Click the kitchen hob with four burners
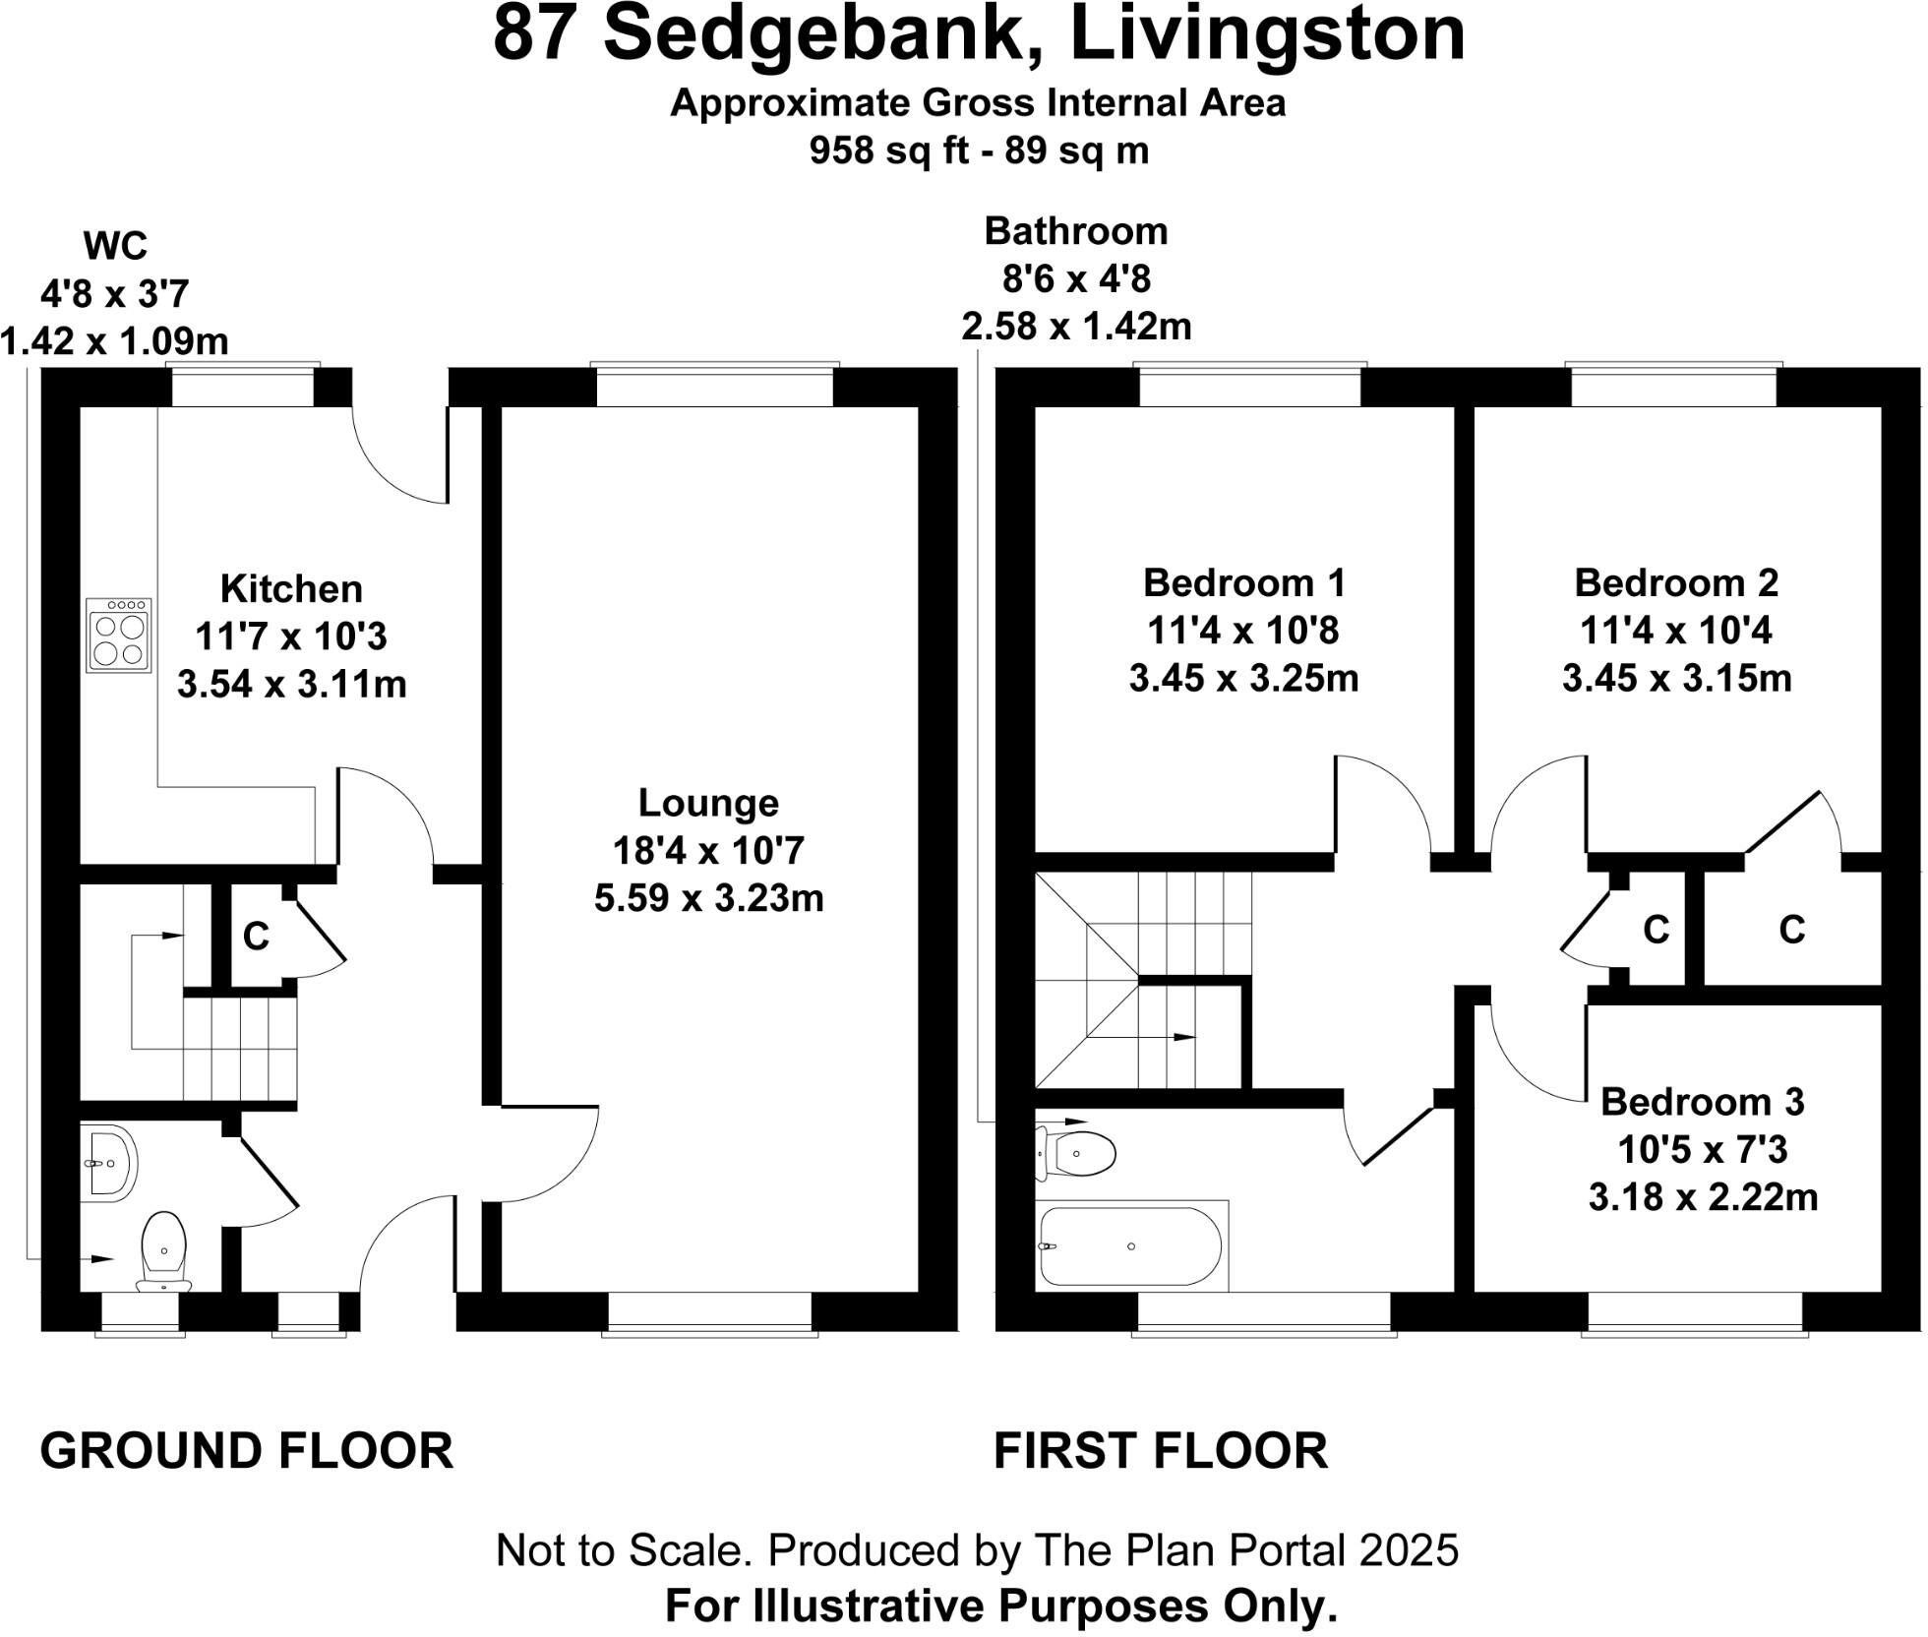click(x=119, y=637)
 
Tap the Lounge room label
click(x=709, y=804)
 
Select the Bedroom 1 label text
click(x=1244, y=583)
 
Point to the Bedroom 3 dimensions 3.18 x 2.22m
click(x=1704, y=1197)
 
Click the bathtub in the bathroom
click(x=1131, y=1246)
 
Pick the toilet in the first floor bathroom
click(x=1079, y=1152)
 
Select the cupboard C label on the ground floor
click(x=256, y=937)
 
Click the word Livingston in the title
click(x=1268, y=34)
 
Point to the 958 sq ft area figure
click(x=879, y=151)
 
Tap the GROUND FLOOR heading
click(x=247, y=1451)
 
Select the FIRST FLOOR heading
click(x=1161, y=1451)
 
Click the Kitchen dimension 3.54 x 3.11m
click(x=292, y=684)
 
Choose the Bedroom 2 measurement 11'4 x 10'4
click(x=1676, y=631)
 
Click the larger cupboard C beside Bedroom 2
click(x=1792, y=930)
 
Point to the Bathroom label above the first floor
click(x=1076, y=231)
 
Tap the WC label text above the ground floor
click(x=116, y=246)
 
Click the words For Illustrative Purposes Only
click(x=1001, y=1607)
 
